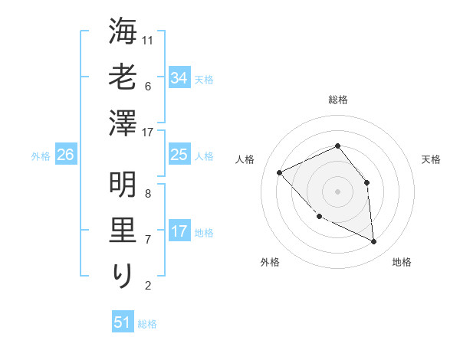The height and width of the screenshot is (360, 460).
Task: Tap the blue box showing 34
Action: click(179, 77)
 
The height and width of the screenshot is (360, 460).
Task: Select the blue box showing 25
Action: click(179, 155)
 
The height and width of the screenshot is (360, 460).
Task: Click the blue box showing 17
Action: click(179, 231)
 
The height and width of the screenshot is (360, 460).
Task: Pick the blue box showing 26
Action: click(66, 155)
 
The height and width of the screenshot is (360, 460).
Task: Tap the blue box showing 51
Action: click(123, 322)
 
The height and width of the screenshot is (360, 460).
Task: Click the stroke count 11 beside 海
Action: click(149, 40)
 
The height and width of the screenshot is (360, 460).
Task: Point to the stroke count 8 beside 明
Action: click(148, 193)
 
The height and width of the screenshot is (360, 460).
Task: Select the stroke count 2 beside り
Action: click(148, 286)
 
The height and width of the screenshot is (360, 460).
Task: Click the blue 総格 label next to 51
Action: click(147, 324)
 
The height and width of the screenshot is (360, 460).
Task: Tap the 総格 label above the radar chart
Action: click(337, 100)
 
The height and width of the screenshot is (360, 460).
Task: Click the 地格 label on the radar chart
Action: click(402, 262)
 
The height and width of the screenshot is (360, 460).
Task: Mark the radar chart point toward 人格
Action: click(280, 172)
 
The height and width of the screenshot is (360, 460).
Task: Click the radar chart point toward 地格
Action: click(374, 241)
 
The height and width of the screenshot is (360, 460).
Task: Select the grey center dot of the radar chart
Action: click(337, 191)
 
